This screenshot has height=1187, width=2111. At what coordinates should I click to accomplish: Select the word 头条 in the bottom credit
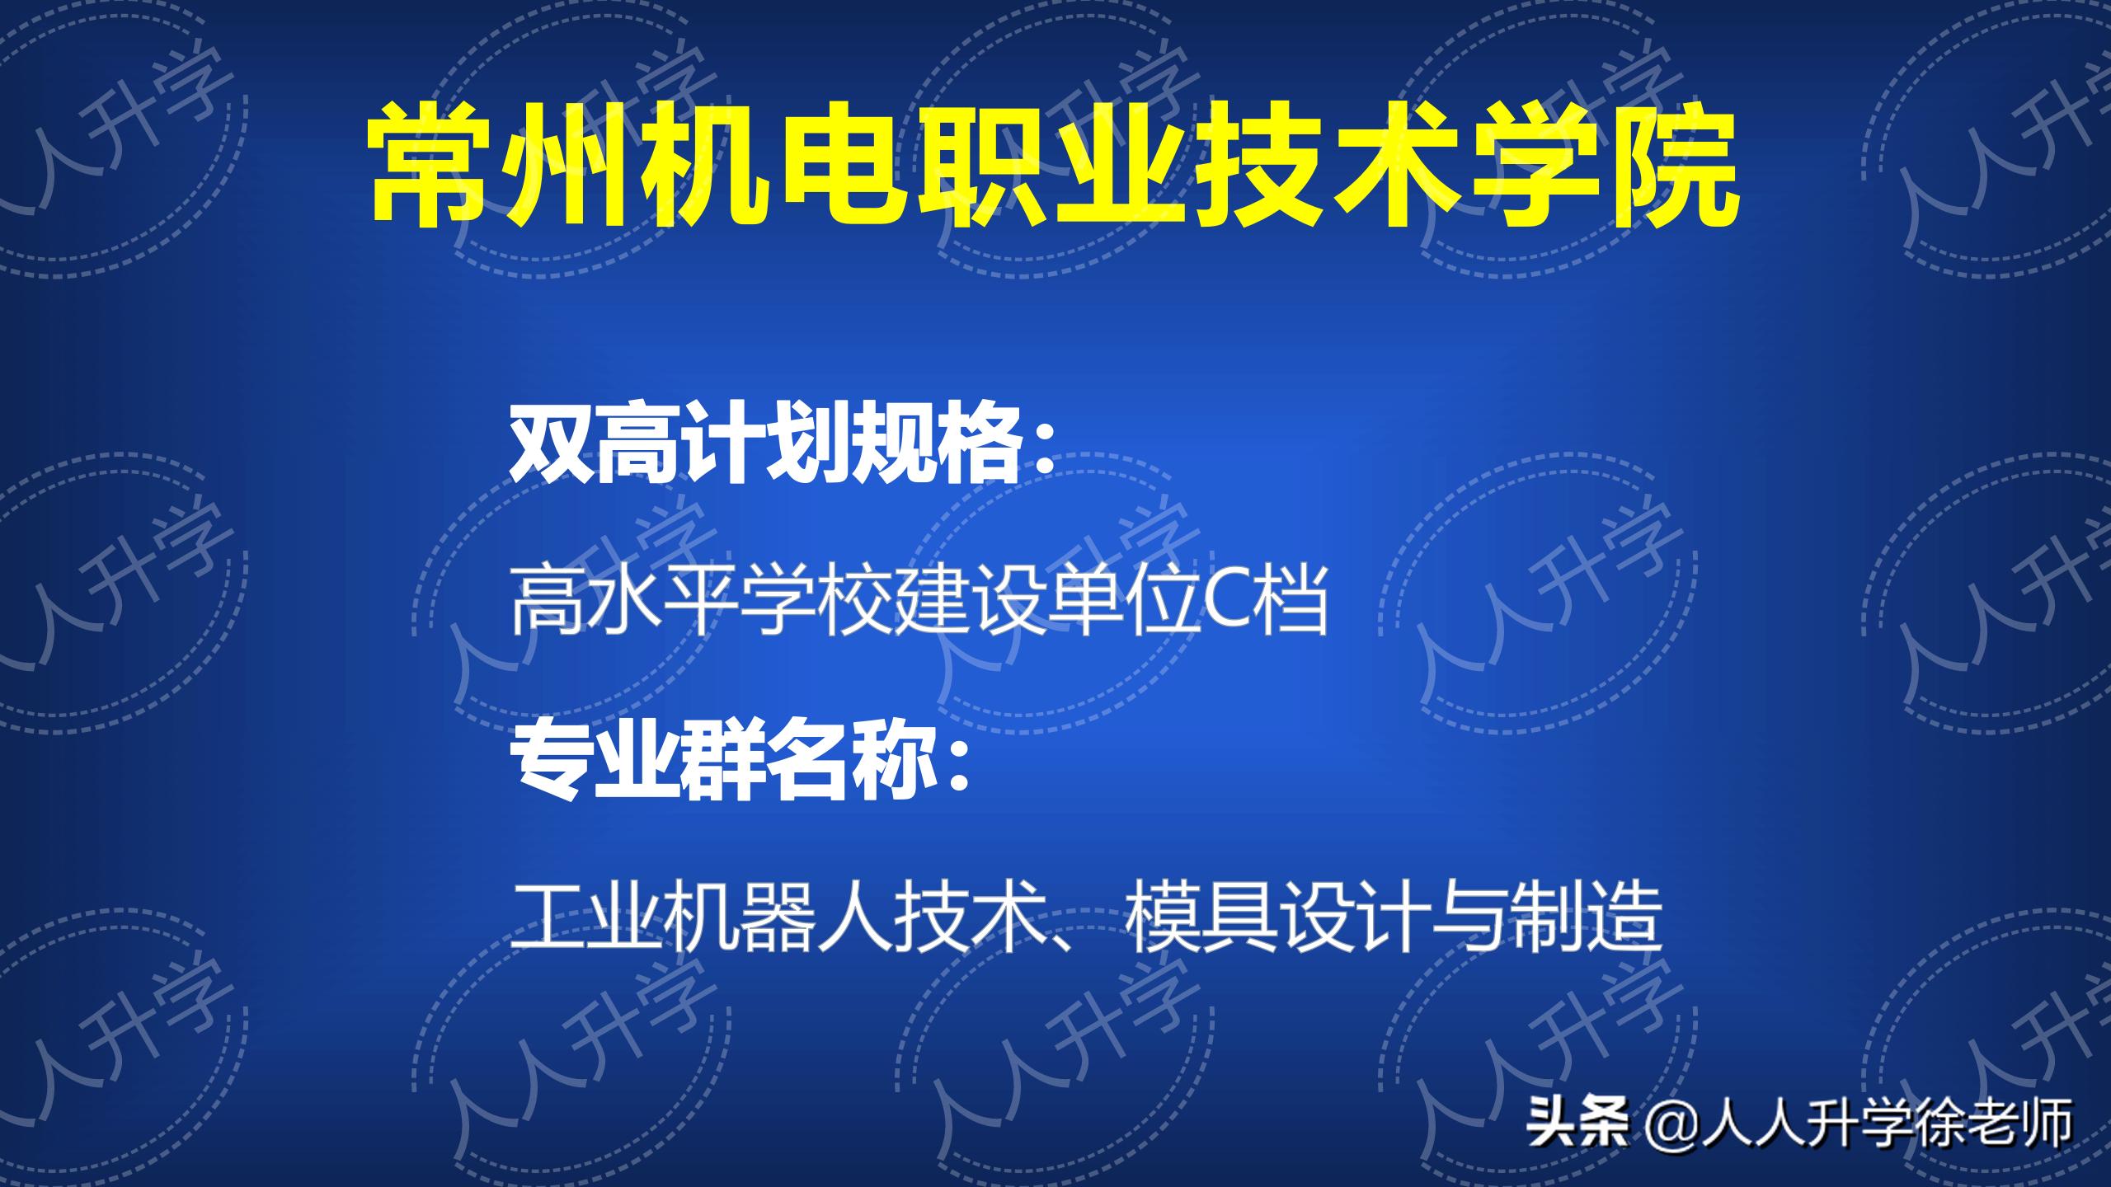[x=1580, y=1123]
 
